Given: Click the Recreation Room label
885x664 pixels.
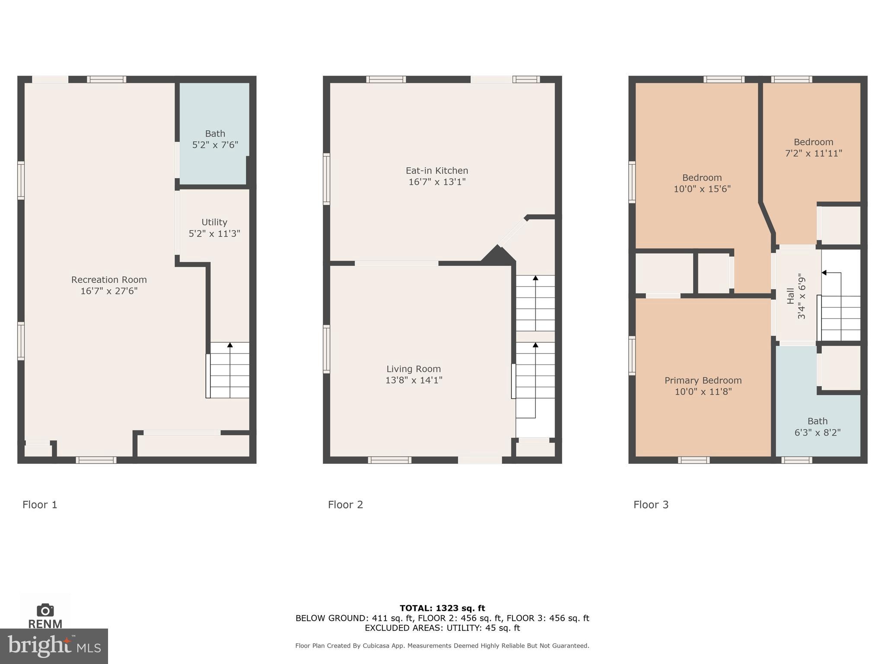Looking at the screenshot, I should pos(109,280).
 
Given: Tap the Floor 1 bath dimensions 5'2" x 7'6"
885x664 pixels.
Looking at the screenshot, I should pos(215,145).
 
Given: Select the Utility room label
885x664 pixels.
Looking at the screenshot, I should pos(214,222).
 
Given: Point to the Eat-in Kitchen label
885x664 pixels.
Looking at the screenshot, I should pos(436,171).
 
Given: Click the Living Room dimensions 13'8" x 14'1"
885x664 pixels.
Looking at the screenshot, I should pos(414,380).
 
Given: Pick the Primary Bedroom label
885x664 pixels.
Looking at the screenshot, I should pos(703,380).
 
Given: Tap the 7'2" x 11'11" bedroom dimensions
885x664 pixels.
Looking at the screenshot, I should pos(813,153).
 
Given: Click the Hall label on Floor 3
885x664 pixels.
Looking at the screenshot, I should pos(790,296).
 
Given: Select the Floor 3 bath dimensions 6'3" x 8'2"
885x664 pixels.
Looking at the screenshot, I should pos(817,433).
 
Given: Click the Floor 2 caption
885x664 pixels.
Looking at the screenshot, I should pos(345,504).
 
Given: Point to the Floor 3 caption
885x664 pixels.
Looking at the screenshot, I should pos(651,504).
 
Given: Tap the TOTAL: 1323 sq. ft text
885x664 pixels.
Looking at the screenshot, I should pos(442,608).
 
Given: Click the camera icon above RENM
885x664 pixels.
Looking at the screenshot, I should pos(45,610).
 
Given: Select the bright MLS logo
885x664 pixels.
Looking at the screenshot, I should pos(54,646).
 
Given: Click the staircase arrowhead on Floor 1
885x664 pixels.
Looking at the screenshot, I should pos(230,345).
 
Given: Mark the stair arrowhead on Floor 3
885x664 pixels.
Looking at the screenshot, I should pos(824,273).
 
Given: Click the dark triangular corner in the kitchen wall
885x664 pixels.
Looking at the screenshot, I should pos(498,255).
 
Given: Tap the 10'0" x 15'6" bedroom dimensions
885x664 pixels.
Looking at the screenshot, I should pos(702,189).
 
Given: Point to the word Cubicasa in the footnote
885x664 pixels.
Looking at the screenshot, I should pos(377,646).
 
